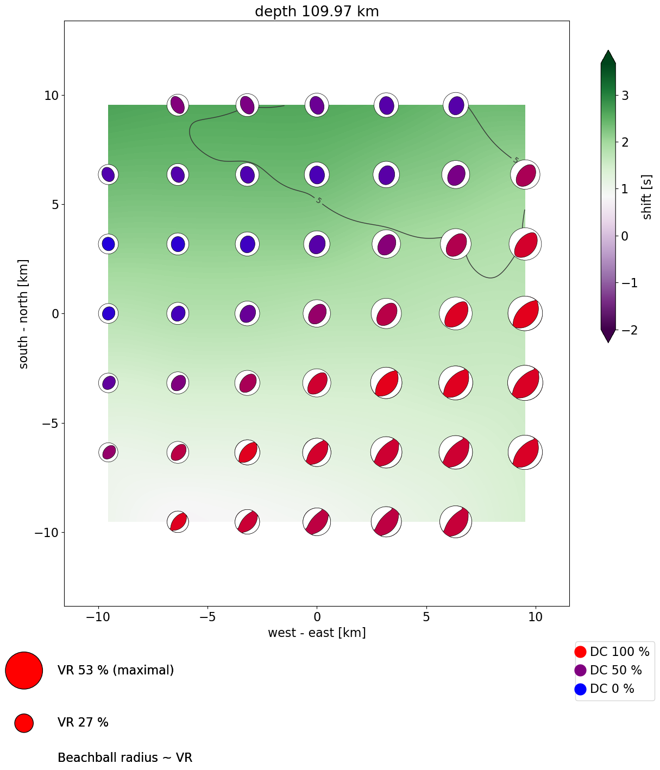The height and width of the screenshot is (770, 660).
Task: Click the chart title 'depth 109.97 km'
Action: click(x=317, y=11)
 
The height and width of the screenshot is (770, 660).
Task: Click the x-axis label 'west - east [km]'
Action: click(x=317, y=633)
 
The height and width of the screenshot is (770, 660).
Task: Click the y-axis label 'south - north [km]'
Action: click(x=24, y=314)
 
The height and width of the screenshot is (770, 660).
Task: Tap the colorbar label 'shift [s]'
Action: click(x=647, y=197)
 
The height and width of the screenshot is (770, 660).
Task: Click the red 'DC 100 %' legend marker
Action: click(x=580, y=652)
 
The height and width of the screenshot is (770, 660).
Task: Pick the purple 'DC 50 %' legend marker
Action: click(x=580, y=670)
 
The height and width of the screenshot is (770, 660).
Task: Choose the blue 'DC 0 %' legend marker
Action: click(x=580, y=689)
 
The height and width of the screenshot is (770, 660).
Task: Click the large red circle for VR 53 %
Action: click(x=24, y=671)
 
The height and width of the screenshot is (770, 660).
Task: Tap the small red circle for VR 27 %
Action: click(x=24, y=723)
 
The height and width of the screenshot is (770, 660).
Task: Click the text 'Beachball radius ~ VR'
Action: click(x=125, y=758)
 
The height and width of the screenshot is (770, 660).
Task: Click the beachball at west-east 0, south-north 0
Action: click(x=317, y=313)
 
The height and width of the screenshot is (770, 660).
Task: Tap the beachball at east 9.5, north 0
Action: click(x=525, y=313)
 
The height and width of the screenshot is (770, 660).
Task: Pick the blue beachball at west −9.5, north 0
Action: click(x=109, y=313)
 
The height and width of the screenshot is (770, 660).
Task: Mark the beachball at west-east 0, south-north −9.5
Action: click(x=317, y=522)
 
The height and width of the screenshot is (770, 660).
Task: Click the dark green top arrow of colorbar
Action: click(x=608, y=56)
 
